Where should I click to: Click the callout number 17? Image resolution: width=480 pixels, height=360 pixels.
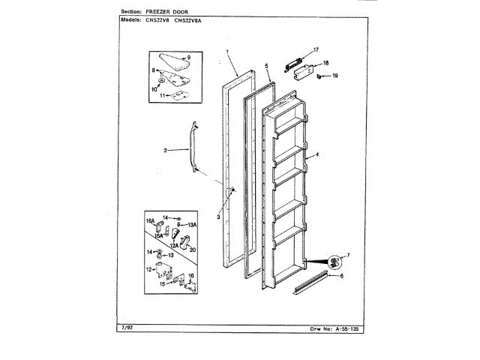tap(316, 49)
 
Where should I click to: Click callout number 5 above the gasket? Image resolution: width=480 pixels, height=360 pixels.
tap(267, 66)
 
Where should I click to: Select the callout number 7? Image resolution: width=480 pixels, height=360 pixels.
tap(346, 256)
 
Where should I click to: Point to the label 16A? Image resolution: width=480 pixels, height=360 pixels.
tap(149, 220)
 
